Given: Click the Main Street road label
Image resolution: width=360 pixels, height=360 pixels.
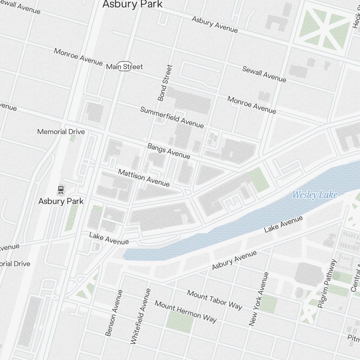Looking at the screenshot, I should (x=125, y=67).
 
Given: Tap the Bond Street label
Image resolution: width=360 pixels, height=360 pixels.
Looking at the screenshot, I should (x=165, y=83).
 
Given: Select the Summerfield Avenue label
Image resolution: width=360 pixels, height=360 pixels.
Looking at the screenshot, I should (x=172, y=117).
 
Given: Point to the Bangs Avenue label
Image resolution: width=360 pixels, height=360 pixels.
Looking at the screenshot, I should (x=168, y=151).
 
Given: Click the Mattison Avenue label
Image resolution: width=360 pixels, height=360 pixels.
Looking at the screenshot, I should (x=144, y=178).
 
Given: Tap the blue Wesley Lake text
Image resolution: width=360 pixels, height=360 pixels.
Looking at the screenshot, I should (x=315, y=195).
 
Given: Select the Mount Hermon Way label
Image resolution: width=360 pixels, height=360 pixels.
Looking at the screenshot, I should (x=186, y=311).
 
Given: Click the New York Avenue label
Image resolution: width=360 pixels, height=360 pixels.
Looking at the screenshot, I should (x=259, y=299).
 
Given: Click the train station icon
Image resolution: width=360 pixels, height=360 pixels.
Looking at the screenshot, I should (x=61, y=189).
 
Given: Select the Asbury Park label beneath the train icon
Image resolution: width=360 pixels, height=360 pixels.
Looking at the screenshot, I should (x=61, y=201).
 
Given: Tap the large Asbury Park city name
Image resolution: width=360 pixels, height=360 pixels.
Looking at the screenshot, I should (x=132, y=4).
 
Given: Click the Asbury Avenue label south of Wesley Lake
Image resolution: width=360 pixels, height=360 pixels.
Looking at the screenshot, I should (x=234, y=260).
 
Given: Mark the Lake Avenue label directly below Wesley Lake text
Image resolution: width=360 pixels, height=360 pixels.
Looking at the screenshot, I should (x=283, y=224).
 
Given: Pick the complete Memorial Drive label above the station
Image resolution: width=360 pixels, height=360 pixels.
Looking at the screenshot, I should (x=61, y=132).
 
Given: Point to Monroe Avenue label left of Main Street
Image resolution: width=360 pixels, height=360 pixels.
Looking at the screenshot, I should (x=78, y=57).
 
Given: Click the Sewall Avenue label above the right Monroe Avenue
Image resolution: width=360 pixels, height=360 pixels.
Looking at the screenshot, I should (x=264, y=74).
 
